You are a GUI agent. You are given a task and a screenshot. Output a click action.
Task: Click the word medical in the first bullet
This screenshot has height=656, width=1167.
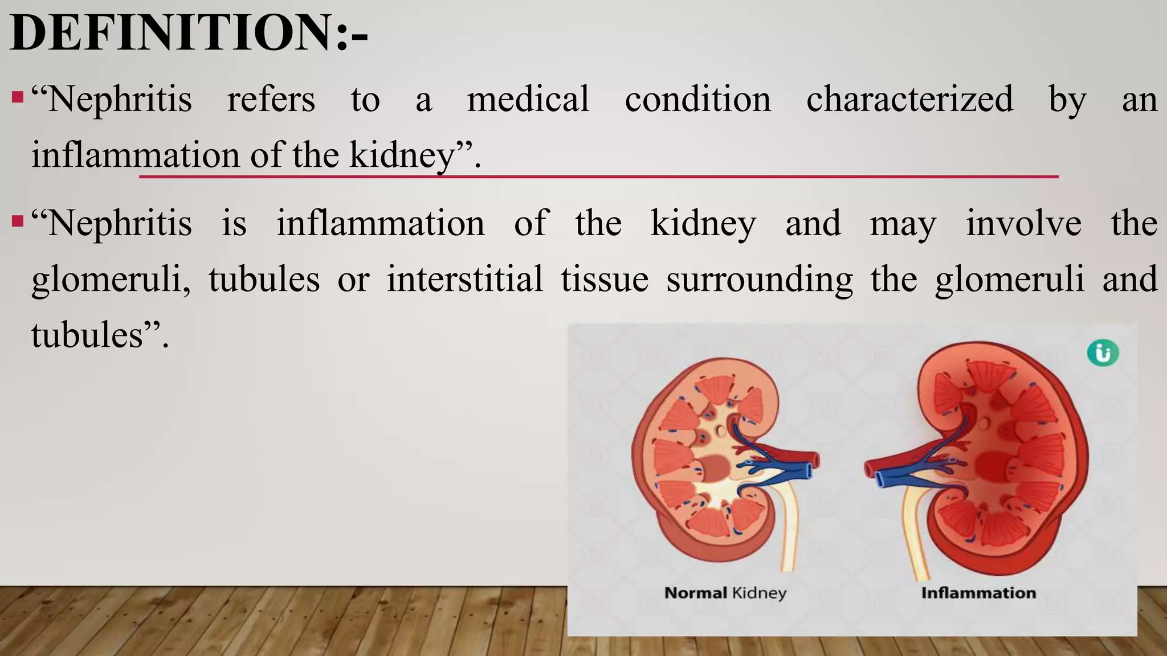[x=528, y=99]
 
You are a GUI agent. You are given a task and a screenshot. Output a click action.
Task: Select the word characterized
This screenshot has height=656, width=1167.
[x=909, y=99]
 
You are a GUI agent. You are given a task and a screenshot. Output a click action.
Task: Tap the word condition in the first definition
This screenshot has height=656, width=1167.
[x=697, y=99]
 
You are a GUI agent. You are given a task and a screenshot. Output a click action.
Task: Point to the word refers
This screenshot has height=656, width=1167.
[x=271, y=99]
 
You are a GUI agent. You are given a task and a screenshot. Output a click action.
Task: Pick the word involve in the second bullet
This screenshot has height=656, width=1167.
[x=1023, y=223]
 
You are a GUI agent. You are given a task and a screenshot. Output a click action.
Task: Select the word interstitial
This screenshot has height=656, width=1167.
[x=464, y=279]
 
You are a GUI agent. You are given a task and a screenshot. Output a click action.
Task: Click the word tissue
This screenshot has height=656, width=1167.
[x=604, y=279]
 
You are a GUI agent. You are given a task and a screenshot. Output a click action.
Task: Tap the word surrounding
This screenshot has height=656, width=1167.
[x=759, y=280]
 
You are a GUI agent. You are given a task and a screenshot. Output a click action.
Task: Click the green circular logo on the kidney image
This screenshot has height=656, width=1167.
[x=1103, y=353]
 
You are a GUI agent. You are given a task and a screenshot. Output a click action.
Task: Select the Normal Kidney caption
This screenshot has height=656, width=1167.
[x=725, y=593]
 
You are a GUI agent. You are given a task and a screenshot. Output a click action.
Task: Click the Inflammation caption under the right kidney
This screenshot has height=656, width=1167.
[x=978, y=593]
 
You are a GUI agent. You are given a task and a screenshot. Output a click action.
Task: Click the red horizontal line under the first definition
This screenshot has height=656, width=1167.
[x=598, y=177]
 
